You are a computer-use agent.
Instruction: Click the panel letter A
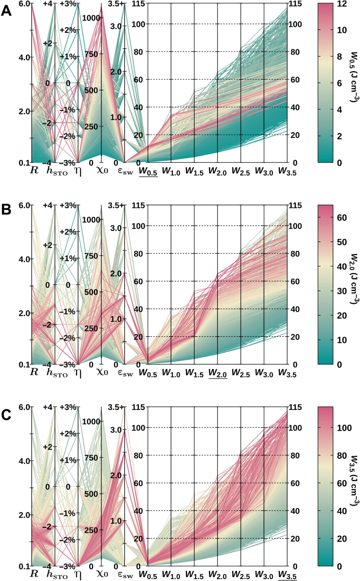(6, 11)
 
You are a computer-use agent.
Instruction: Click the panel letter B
(6, 209)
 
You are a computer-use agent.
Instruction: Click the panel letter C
(6, 415)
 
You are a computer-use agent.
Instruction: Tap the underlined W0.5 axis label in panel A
(148, 171)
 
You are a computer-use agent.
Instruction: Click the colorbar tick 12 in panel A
(342, 4)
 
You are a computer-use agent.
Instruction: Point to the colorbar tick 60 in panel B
(342, 218)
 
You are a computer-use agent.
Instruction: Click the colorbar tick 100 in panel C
(344, 428)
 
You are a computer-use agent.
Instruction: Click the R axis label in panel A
(34, 170)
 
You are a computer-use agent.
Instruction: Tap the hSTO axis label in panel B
(57, 373)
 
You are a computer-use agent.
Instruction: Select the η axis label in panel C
(78, 574)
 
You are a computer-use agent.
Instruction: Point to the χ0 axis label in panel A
(102, 170)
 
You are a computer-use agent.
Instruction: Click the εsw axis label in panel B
(125, 373)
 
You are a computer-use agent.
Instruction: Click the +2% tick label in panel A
(68, 30)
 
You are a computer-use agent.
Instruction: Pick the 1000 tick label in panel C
(91, 422)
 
